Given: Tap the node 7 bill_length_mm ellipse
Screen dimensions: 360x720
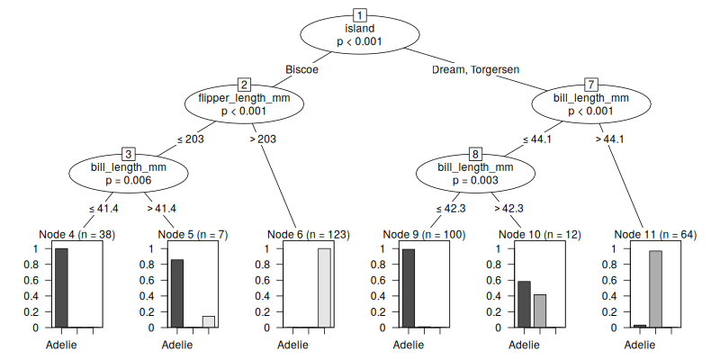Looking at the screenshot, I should point(590,104).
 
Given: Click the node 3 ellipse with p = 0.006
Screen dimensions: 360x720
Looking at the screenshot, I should point(128,174).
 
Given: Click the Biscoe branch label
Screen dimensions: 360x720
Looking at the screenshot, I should point(302,69).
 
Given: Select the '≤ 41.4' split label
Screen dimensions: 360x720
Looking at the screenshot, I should point(103,208).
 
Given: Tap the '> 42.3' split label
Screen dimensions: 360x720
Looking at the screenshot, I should point(508,208).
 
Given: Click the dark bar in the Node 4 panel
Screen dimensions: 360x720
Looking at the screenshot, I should point(61,288).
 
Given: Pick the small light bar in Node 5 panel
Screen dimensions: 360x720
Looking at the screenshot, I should point(209,321).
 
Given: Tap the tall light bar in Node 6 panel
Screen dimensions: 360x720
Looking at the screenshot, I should point(324,288).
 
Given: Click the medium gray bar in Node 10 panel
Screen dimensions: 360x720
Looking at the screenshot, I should point(540,310).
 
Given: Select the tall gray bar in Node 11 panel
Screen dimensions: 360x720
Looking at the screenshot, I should point(655,289).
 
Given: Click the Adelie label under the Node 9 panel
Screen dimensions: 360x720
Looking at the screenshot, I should point(409,345).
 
